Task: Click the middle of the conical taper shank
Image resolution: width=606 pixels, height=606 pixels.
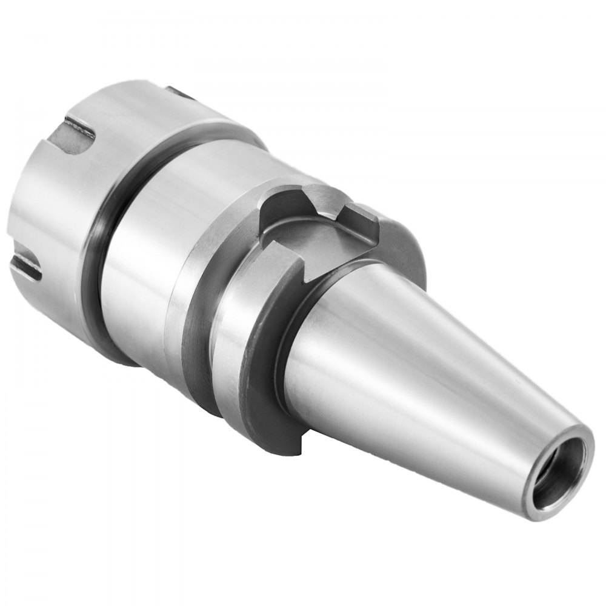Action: point(424,364)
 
